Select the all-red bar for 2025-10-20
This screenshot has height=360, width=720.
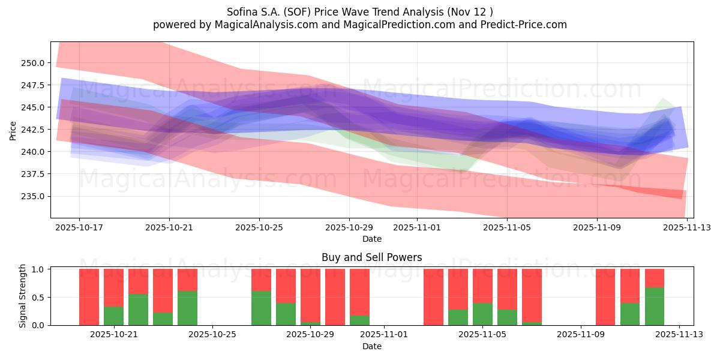(89, 297)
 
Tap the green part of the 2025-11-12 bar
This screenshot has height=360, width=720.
(655, 307)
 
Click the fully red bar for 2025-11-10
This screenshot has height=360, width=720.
(605, 297)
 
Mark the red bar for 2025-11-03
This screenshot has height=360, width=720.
(433, 297)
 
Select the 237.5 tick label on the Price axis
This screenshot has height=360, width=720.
(32, 174)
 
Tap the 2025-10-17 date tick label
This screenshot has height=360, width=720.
(79, 228)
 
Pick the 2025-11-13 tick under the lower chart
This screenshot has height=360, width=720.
(679, 335)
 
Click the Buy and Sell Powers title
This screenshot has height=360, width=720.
(371, 257)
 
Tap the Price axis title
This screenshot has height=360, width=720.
(14, 130)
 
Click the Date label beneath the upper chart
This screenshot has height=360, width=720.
(371, 239)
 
